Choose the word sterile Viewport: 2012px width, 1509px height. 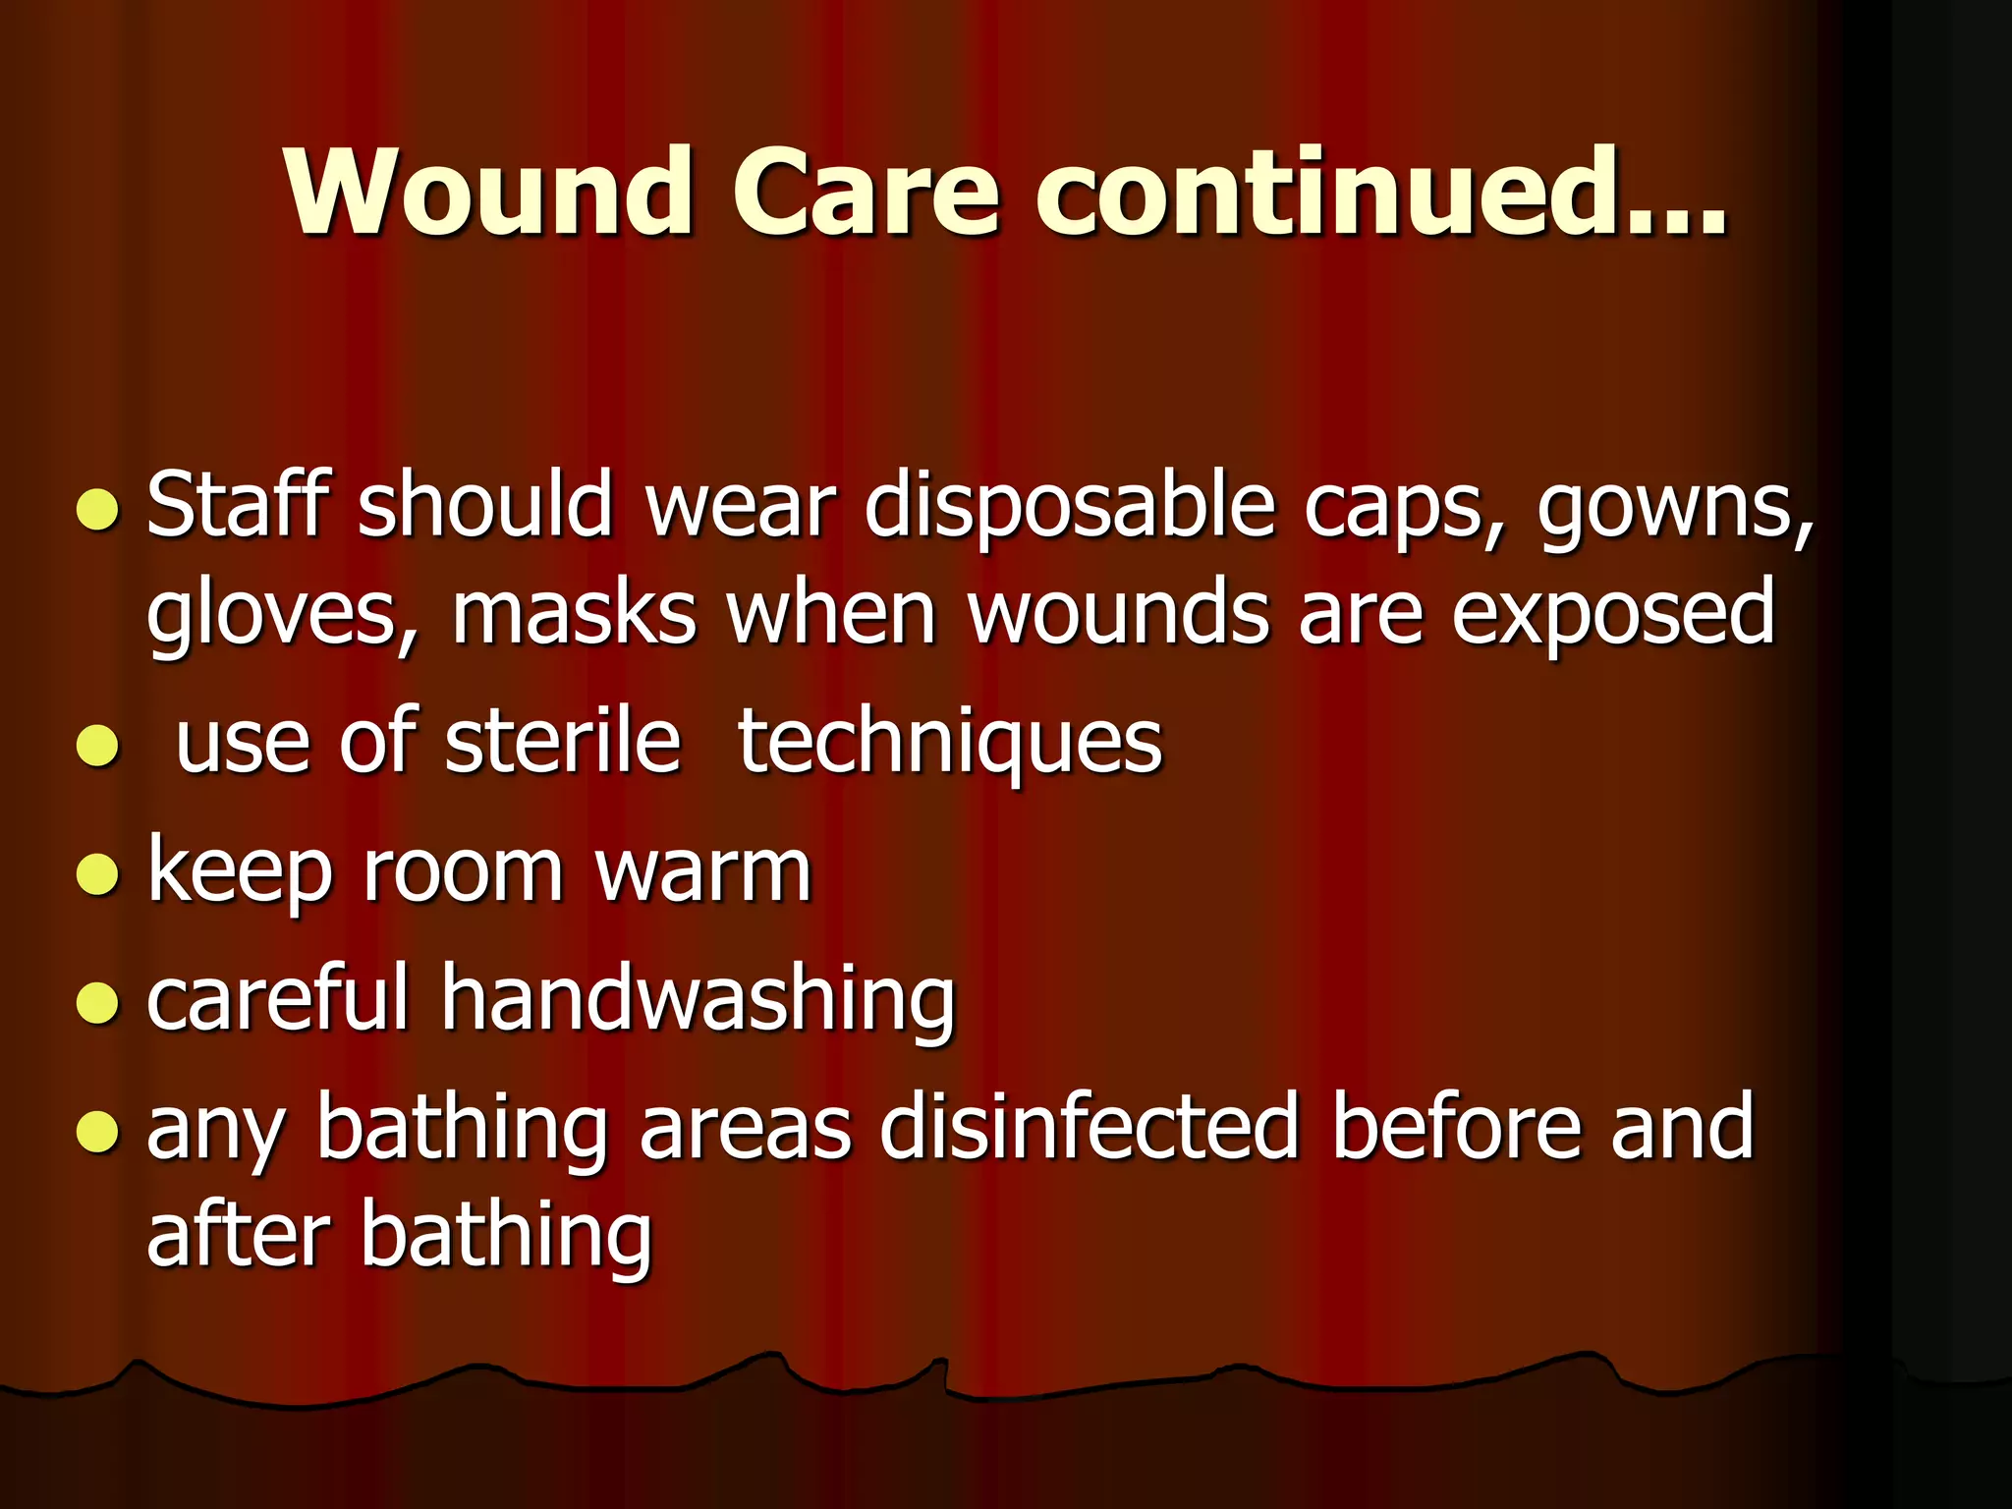click(x=562, y=743)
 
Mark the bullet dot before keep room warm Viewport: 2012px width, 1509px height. click(x=97, y=873)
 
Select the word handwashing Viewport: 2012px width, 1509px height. click(x=697, y=1000)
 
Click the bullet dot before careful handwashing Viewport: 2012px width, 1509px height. click(x=97, y=1003)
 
